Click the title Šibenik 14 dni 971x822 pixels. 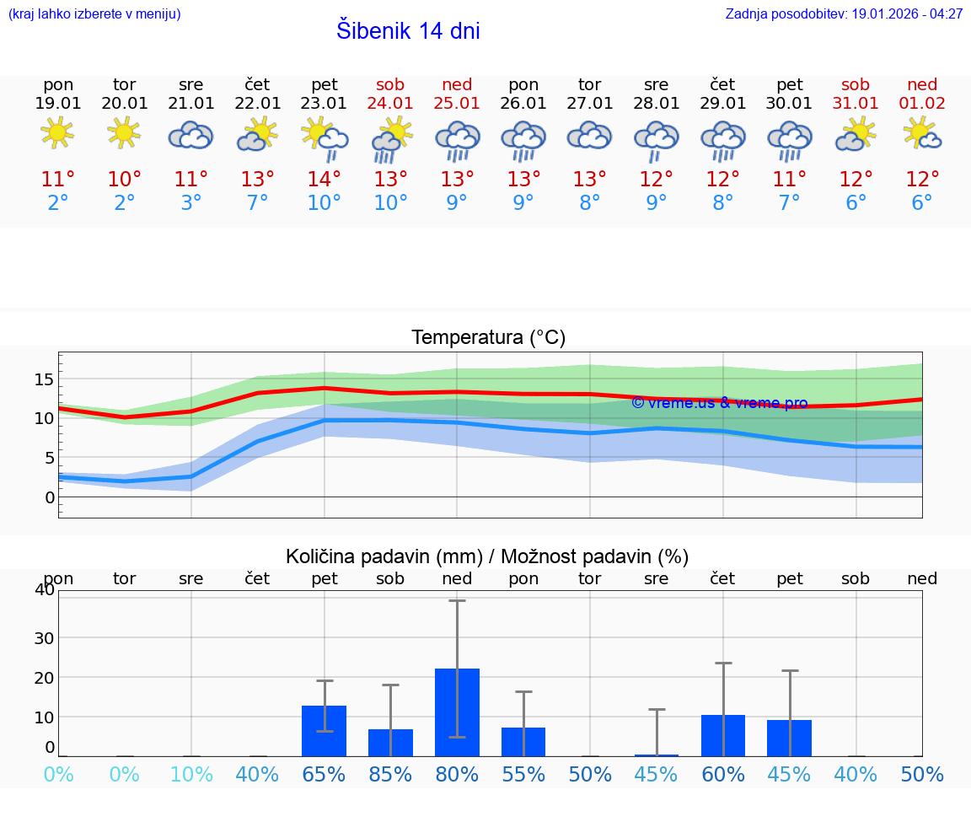[x=408, y=31]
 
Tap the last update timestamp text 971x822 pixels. [x=844, y=14]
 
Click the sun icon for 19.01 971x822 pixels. [x=57, y=133]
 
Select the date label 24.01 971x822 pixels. [x=390, y=104]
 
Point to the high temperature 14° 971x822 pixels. [x=324, y=180]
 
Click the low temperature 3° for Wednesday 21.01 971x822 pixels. [x=191, y=203]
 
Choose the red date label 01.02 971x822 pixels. [x=922, y=104]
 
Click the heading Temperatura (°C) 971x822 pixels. [x=488, y=338]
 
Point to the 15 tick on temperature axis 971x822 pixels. [x=44, y=379]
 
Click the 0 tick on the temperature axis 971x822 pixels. [x=50, y=497]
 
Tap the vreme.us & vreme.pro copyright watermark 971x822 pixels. [x=719, y=403]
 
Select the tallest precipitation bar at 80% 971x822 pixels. [x=457, y=712]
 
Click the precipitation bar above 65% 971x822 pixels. [x=324, y=731]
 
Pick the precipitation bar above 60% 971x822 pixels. [x=723, y=735]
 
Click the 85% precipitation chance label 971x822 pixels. [x=390, y=775]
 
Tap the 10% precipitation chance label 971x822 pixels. [x=191, y=775]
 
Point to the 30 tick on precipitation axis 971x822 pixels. [x=44, y=637]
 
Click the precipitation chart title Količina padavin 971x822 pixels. [x=487, y=556]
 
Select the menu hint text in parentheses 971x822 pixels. [x=94, y=14]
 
